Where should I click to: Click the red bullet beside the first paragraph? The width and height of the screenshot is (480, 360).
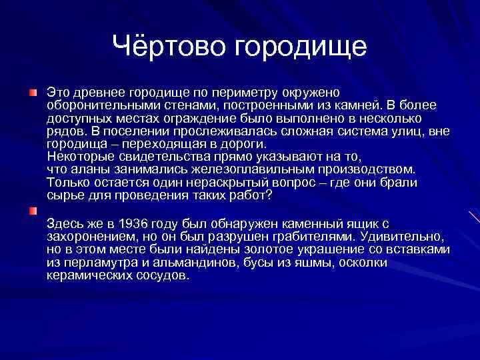(x=32, y=90)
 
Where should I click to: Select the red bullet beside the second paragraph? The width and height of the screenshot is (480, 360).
(x=32, y=211)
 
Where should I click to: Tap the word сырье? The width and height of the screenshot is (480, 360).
(x=63, y=196)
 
